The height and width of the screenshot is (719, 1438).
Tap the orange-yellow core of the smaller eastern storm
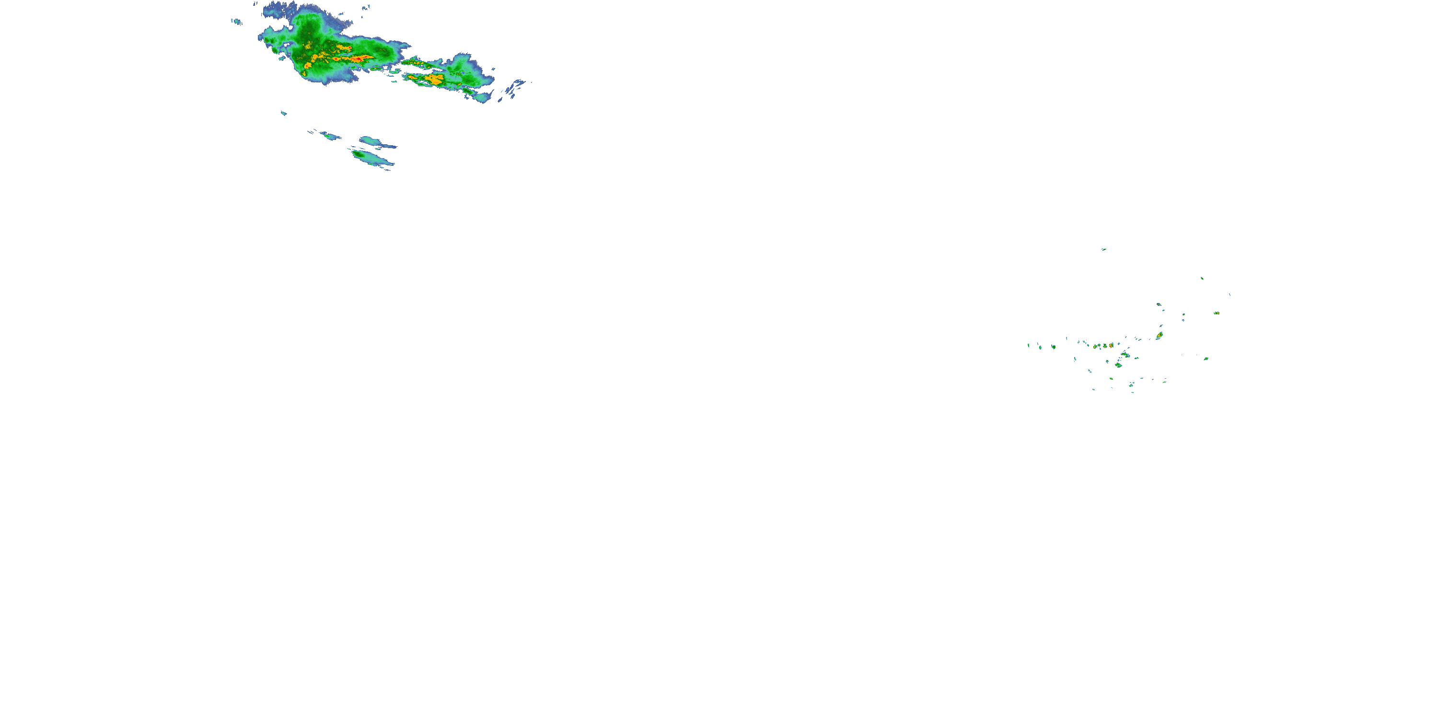pos(434,79)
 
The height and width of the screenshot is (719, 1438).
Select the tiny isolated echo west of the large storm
pos(237,22)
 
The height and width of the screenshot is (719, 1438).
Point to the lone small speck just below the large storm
pos(284,113)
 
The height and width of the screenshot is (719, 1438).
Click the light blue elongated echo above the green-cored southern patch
pos(371,140)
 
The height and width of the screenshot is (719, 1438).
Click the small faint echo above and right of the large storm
pos(366,8)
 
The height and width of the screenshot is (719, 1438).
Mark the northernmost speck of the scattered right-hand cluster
pos(1103,249)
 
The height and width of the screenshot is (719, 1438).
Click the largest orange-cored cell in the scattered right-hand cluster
pos(1159,336)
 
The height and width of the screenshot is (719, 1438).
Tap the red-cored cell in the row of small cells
pos(1112,346)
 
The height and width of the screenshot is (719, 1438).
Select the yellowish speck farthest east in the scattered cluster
pos(1217,313)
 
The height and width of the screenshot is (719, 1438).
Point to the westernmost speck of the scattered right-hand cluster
pos(1028,345)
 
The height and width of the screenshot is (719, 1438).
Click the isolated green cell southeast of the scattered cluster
pos(1206,359)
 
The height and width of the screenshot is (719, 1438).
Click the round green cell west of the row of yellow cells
pos(1053,347)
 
